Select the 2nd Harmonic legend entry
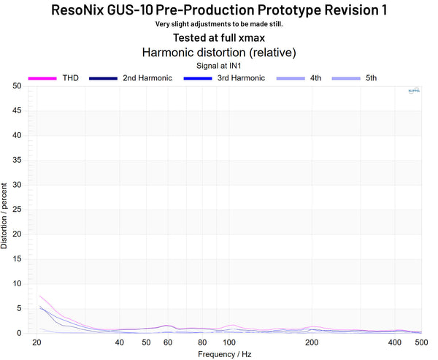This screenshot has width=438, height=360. click(147, 77)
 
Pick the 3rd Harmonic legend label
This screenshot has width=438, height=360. click(241, 77)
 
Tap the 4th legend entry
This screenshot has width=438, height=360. click(315, 77)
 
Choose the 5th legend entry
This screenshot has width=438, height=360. click(370, 77)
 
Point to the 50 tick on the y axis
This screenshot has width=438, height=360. click(16, 86)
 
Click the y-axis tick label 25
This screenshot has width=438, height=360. click(16, 210)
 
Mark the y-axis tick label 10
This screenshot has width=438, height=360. click(16, 283)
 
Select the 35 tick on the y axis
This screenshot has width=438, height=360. click(16, 160)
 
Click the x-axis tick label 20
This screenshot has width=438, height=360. click(37, 342)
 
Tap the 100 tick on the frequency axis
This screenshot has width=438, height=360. click(229, 342)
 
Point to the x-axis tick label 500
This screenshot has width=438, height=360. click(422, 342)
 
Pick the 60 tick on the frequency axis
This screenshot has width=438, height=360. click(168, 342)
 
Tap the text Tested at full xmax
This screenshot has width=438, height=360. click(219, 37)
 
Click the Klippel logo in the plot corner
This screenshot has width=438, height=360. click(412, 91)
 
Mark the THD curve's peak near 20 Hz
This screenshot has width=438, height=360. click(39, 296)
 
